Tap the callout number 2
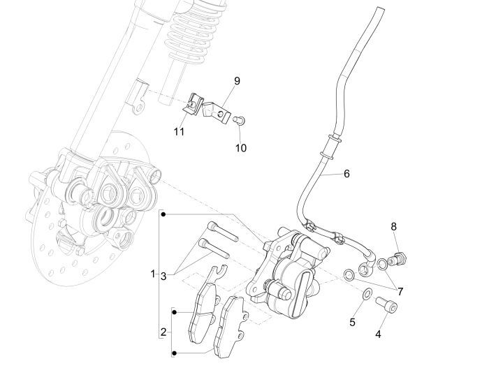tap(163, 331)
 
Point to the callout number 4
tap(378, 334)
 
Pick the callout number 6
tap(346, 174)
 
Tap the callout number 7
tap(399, 289)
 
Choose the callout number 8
tap(393, 226)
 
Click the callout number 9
tap(237, 81)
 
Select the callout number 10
tap(241, 148)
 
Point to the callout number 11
tap(179, 130)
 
